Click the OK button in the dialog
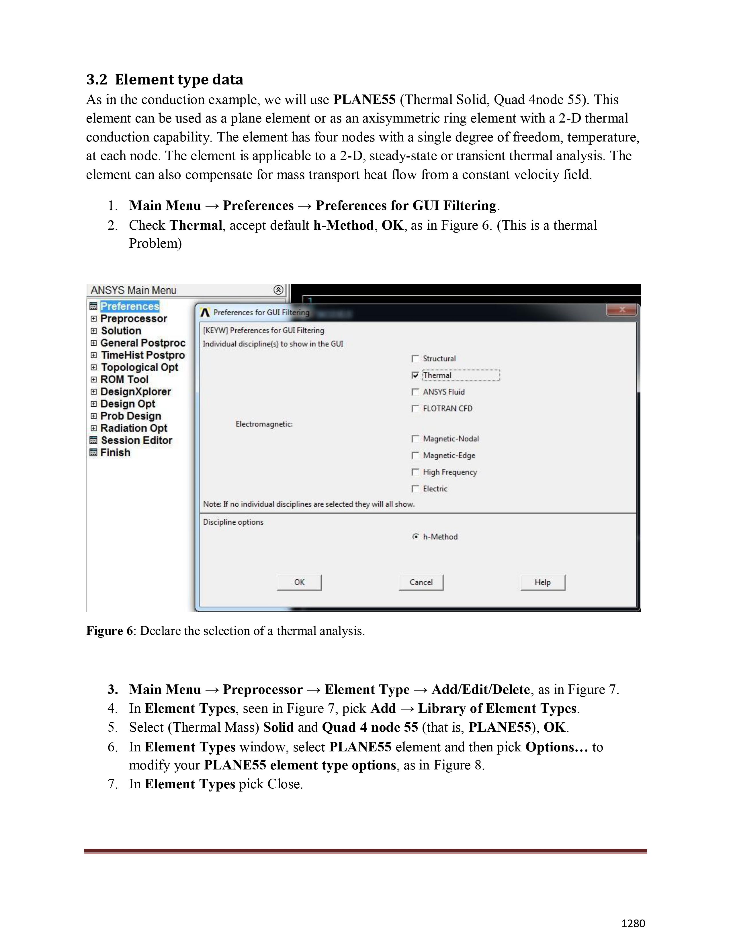(x=299, y=582)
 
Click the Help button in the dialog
(x=543, y=582)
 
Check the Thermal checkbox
(x=416, y=376)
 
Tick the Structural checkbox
(x=416, y=359)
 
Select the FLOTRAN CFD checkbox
(x=416, y=408)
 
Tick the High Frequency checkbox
(x=416, y=472)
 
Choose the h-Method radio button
(x=416, y=537)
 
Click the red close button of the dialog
(x=622, y=310)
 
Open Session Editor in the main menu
(x=136, y=440)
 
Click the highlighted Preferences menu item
(x=130, y=306)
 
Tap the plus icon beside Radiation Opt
(x=93, y=428)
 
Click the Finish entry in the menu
(x=115, y=452)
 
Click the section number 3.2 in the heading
(x=97, y=80)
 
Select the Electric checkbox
(x=416, y=489)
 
